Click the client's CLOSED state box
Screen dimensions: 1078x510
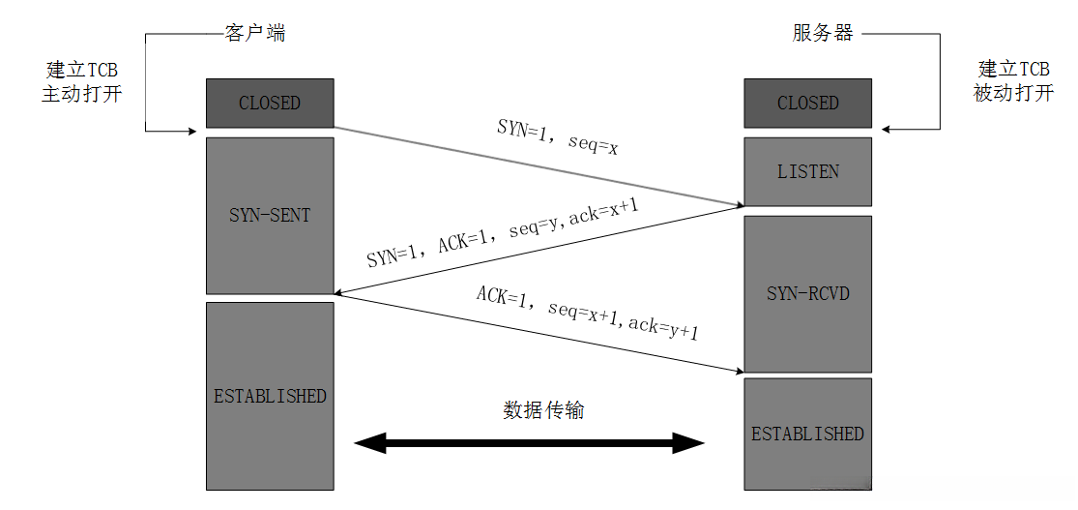(x=270, y=104)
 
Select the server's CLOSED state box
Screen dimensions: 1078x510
(x=808, y=104)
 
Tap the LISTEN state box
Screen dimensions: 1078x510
(x=808, y=171)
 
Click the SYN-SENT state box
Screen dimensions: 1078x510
(x=270, y=216)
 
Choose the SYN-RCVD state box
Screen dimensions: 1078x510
(x=808, y=294)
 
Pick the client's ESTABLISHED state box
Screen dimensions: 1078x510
(x=270, y=396)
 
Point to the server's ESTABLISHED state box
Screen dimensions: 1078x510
(x=808, y=434)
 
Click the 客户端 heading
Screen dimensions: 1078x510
(x=255, y=33)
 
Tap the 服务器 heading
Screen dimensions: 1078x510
(x=823, y=33)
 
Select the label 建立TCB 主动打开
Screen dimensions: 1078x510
(x=82, y=82)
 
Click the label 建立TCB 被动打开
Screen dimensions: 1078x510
(x=1014, y=82)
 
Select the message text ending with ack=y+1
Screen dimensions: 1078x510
(x=589, y=314)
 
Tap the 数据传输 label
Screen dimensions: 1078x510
(x=543, y=410)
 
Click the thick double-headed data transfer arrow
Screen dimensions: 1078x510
(x=530, y=443)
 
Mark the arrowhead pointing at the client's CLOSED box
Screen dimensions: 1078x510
(x=192, y=131)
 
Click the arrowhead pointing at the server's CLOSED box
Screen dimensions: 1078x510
(x=887, y=129)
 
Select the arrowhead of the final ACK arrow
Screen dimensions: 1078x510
(x=739, y=371)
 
